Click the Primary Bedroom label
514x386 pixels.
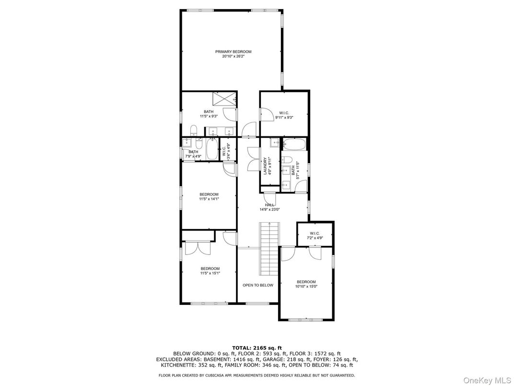[233, 51]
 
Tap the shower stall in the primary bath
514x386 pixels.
[224, 99]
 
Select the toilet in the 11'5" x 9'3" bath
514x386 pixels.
[193, 130]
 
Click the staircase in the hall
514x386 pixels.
[270, 249]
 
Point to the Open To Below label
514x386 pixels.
[257, 285]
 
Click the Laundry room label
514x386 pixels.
[265, 166]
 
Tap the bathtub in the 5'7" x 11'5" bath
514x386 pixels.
[294, 145]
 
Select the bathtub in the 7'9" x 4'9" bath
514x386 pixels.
[212, 149]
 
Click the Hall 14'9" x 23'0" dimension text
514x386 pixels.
[269, 209]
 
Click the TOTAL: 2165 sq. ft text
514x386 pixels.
[257, 348]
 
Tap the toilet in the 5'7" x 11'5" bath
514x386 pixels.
[287, 160]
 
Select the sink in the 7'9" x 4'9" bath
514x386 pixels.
[187, 142]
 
